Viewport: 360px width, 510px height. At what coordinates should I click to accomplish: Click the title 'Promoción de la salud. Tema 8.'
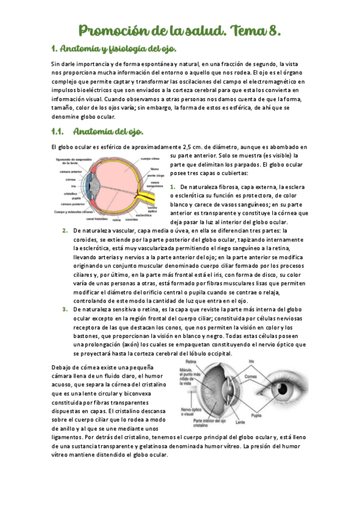click(x=180, y=29)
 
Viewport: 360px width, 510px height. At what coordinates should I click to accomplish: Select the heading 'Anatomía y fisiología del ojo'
click(x=114, y=49)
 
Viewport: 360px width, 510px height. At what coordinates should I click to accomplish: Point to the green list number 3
click(x=64, y=309)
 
